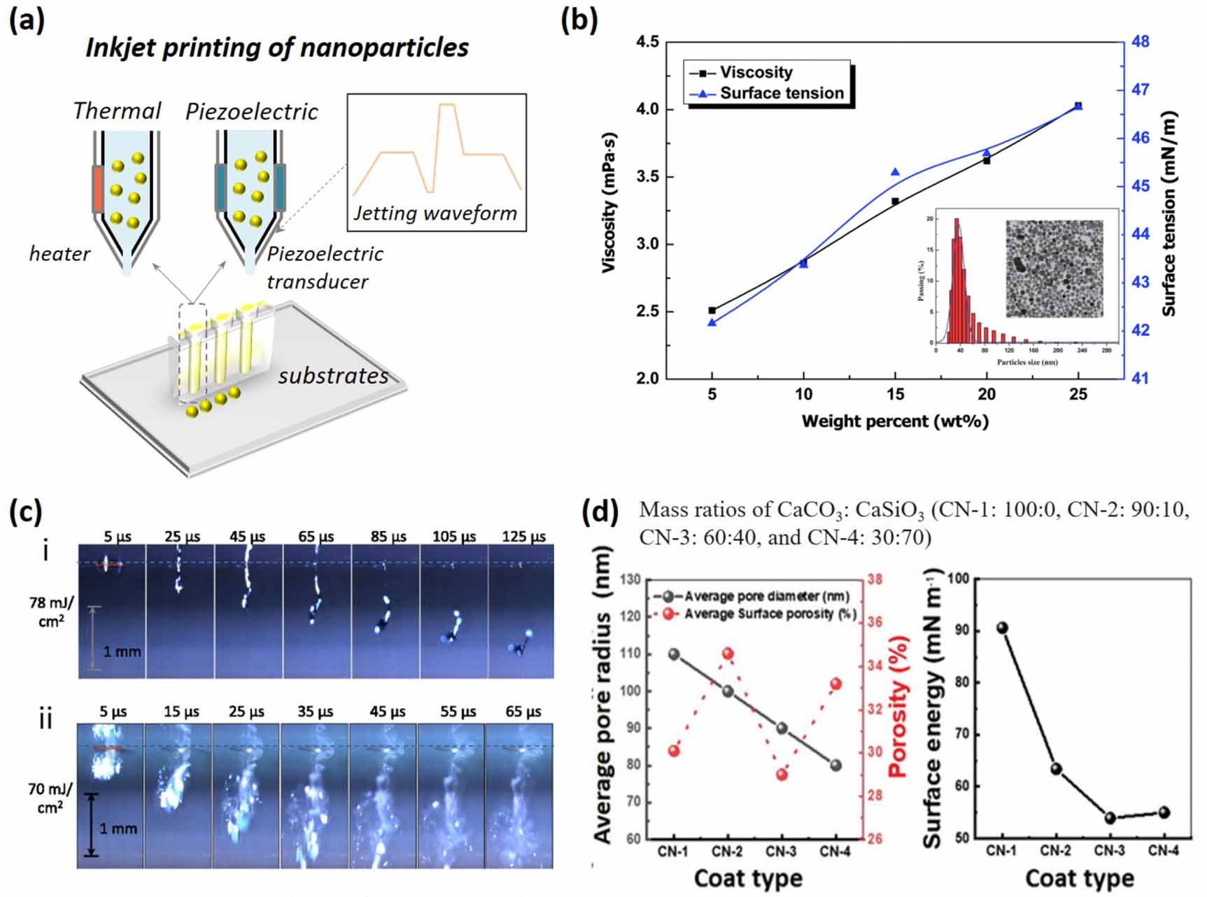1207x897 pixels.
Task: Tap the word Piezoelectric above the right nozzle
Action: click(x=251, y=112)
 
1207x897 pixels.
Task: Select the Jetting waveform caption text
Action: click(x=435, y=213)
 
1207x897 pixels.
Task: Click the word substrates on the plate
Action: click(x=333, y=376)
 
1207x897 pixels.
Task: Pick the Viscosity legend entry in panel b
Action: click(x=756, y=72)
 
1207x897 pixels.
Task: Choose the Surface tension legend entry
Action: click(x=781, y=93)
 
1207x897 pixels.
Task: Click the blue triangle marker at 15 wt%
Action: click(x=895, y=172)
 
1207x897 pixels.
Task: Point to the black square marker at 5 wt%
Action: click(x=712, y=310)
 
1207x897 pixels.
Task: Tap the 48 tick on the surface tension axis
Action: click(x=1140, y=42)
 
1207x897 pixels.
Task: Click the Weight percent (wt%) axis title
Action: click(x=894, y=421)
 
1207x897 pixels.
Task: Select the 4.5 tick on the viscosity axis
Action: click(x=647, y=42)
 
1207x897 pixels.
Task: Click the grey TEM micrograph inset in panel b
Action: click(x=1054, y=269)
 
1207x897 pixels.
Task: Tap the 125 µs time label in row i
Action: click(x=523, y=537)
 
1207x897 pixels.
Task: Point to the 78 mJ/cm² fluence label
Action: click(x=51, y=611)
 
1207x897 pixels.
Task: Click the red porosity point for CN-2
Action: click(x=728, y=654)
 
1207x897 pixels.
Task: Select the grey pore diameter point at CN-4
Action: click(x=836, y=765)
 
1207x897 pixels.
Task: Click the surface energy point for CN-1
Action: click(x=1002, y=628)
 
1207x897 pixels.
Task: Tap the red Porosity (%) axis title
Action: click(x=898, y=707)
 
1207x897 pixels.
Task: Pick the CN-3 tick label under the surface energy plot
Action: click(x=1110, y=850)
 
